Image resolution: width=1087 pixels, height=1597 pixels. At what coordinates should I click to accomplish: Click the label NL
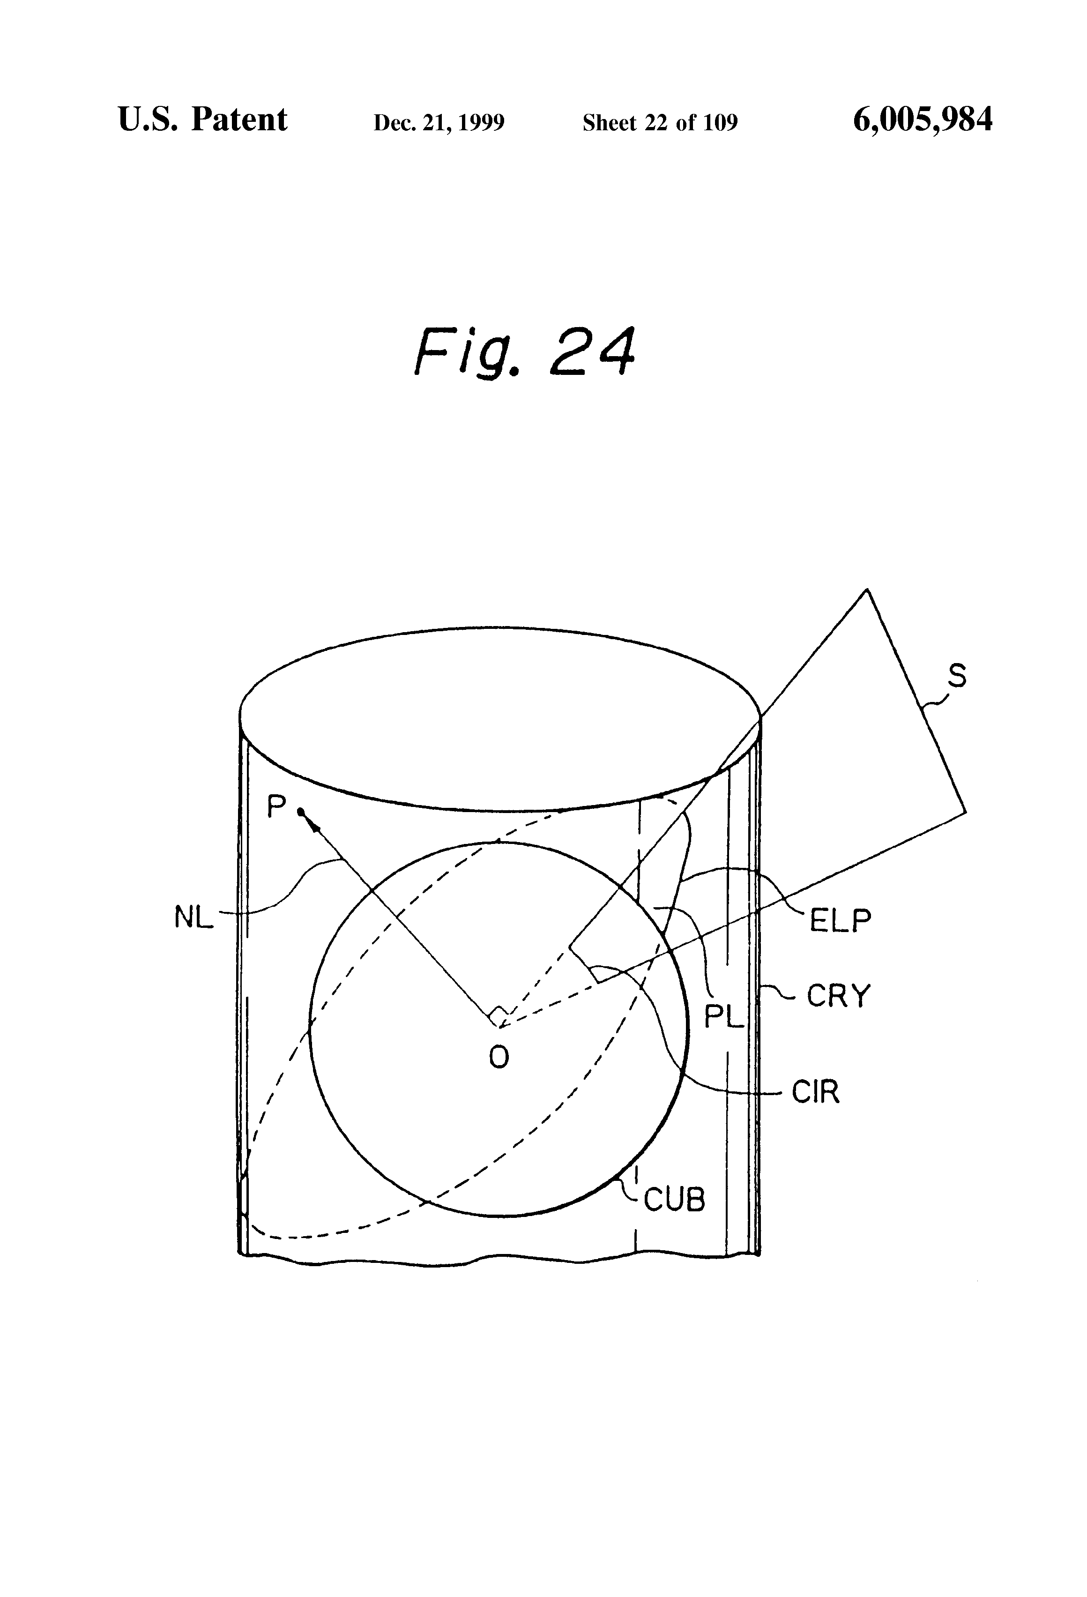click(194, 918)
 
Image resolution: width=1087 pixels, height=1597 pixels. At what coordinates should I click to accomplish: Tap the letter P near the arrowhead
click(276, 806)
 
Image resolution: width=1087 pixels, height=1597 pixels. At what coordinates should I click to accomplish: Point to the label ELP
click(840, 921)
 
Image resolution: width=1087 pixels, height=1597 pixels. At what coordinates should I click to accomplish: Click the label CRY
click(838, 996)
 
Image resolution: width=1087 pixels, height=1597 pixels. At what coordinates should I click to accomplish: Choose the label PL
click(724, 1017)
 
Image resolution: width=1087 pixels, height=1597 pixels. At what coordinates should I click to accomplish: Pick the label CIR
click(816, 1092)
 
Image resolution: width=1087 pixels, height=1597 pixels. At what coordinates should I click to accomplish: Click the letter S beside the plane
click(957, 676)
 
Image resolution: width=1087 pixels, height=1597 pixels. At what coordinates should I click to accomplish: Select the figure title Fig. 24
click(524, 352)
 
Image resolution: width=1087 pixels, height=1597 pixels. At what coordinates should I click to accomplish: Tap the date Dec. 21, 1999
click(439, 123)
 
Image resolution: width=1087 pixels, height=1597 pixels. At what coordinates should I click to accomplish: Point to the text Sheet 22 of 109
click(660, 123)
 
